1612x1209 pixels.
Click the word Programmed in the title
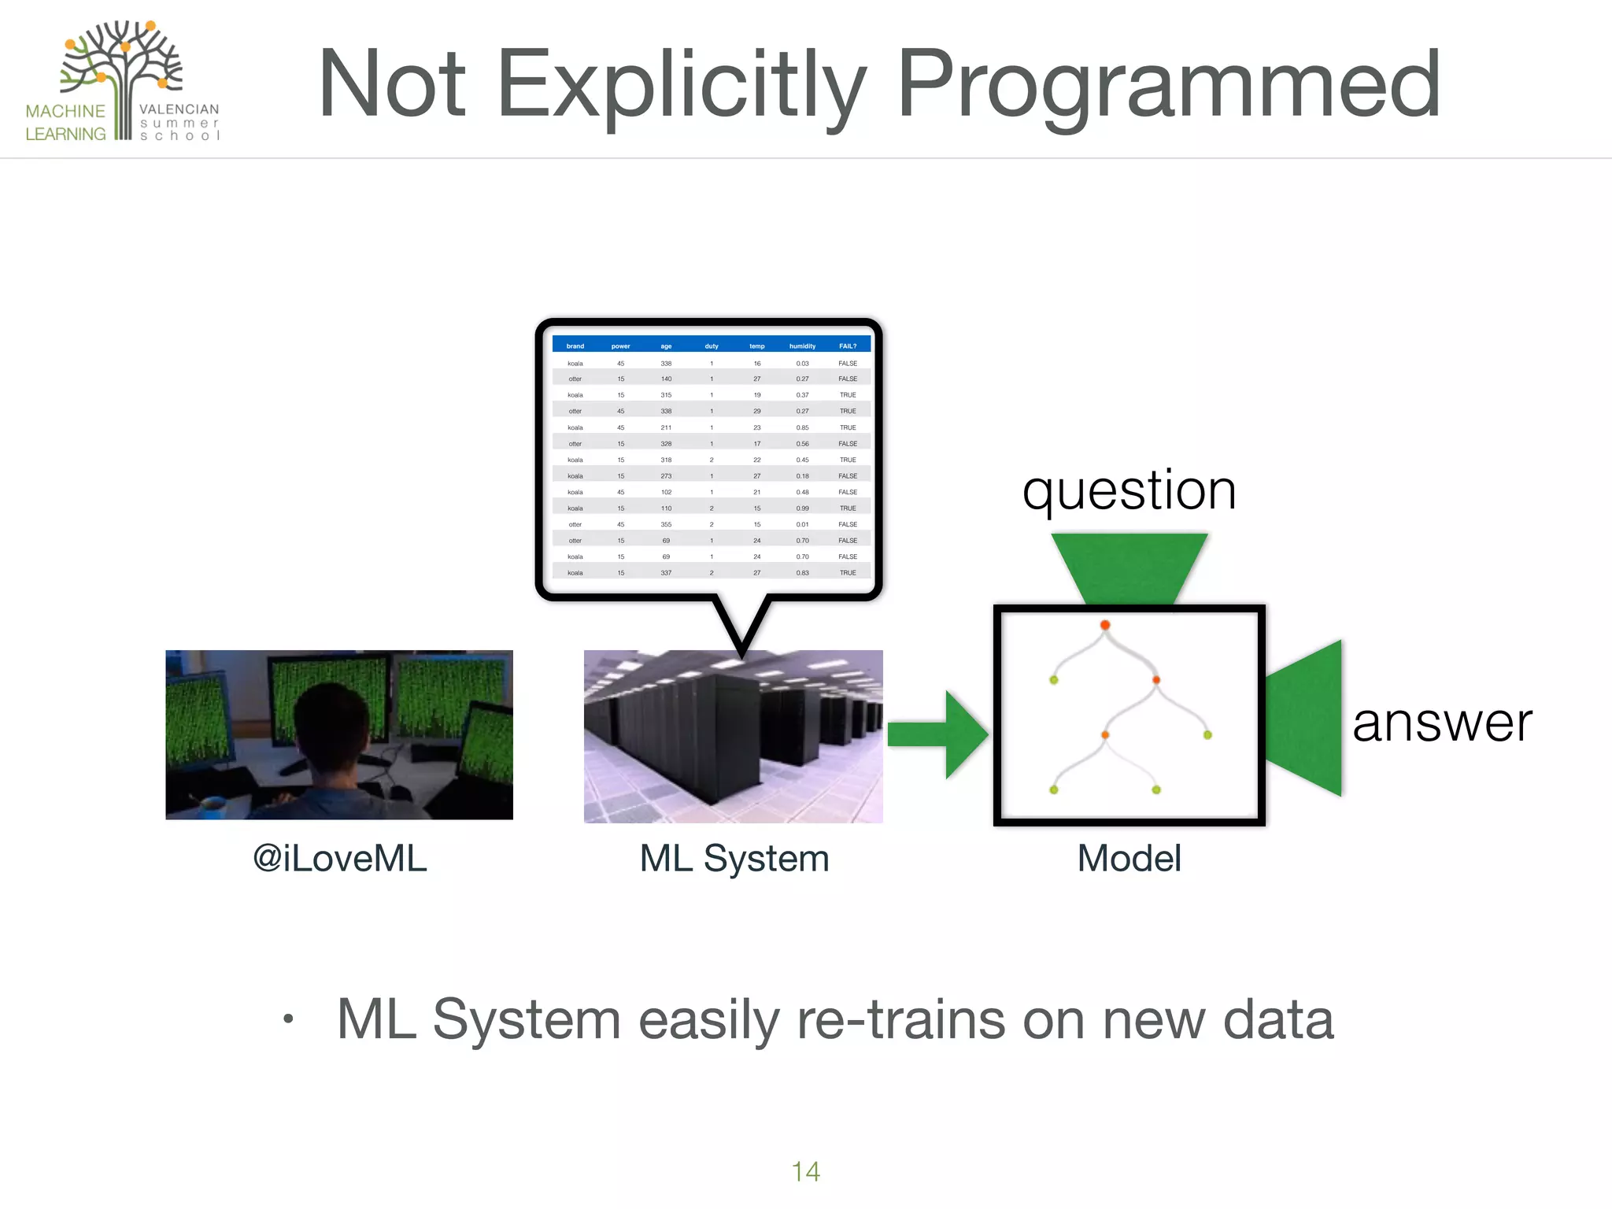click(x=1168, y=85)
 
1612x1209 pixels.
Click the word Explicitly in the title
click(x=682, y=85)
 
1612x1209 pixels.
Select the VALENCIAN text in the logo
click(x=179, y=109)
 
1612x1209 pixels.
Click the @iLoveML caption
click(x=339, y=858)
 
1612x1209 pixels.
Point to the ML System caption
click(x=734, y=858)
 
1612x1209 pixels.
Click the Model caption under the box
click(x=1129, y=858)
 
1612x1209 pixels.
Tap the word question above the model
click(x=1129, y=491)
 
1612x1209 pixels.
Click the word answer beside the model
click(x=1442, y=723)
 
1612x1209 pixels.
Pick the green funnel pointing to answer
click(x=1307, y=718)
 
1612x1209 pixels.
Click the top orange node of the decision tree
click(x=1105, y=625)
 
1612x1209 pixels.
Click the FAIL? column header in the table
click(x=847, y=346)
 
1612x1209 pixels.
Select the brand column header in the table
click(x=575, y=346)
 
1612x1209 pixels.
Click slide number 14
click(x=805, y=1171)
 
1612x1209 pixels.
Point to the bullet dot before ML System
click(x=289, y=1019)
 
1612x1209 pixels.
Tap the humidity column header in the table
click(x=802, y=346)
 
